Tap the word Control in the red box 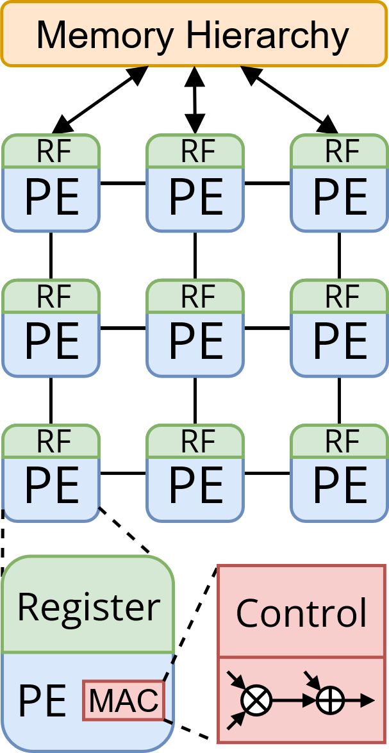click(301, 613)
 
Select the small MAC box click(124, 700)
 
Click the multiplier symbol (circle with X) click(256, 700)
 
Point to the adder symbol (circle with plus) click(331, 700)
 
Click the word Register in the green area click(88, 606)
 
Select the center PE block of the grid click(195, 340)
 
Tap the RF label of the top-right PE click(339, 152)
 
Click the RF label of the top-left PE click(51, 152)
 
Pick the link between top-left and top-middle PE click(123, 184)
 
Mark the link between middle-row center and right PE click(267, 329)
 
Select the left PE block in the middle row click(51, 340)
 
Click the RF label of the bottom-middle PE click(195, 442)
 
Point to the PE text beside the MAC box click(42, 701)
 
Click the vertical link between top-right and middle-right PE click(339, 255)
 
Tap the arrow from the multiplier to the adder click(293, 700)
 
